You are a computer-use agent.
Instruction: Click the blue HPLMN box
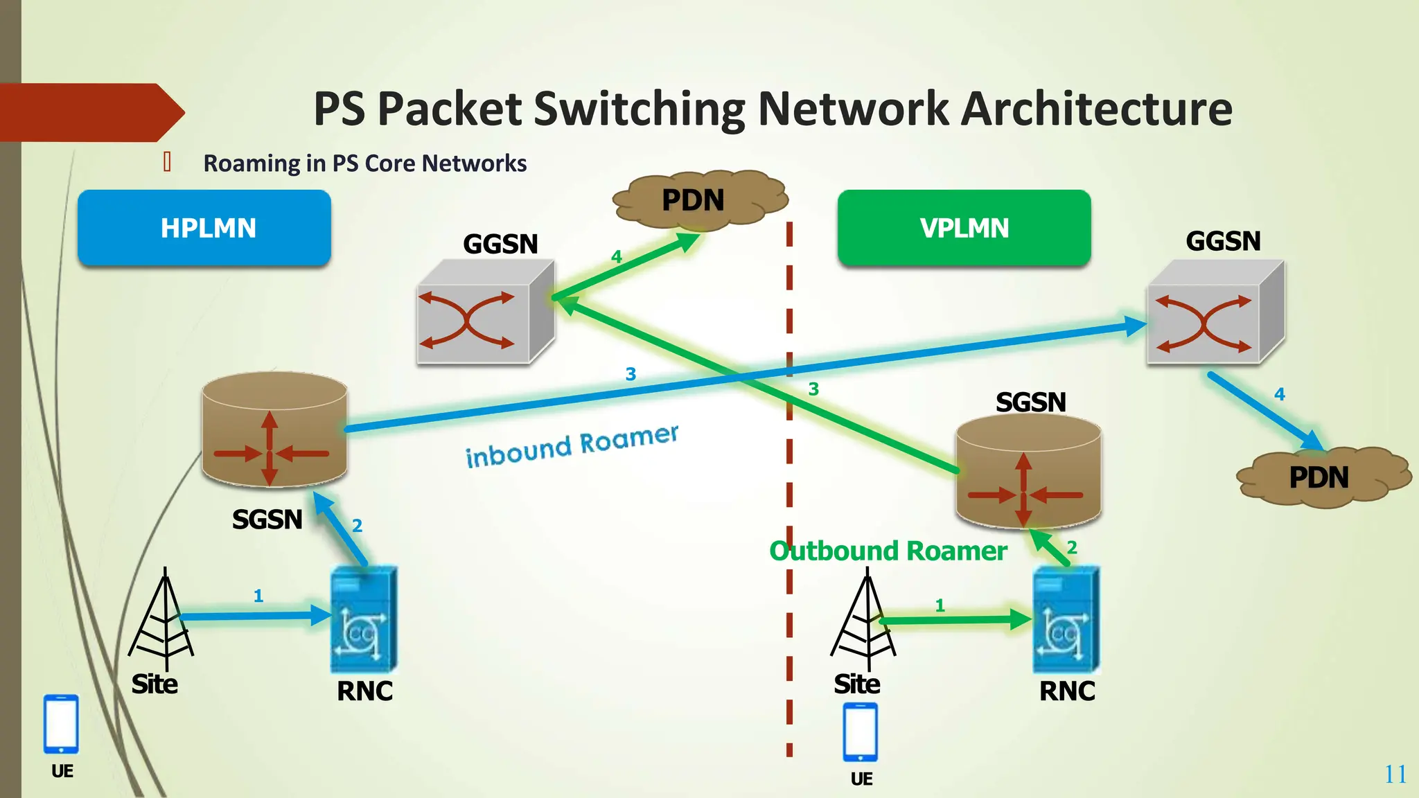(x=204, y=228)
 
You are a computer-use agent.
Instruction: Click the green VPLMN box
(x=964, y=228)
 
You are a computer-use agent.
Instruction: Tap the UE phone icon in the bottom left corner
(x=61, y=724)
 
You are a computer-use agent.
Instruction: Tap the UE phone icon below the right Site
(x=861, y=732)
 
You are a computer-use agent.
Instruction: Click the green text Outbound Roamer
(x=888, y=551)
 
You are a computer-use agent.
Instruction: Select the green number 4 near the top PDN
(x=617, y=257)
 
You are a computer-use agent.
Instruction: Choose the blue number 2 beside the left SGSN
(x=357, y=526)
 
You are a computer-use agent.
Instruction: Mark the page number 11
(x=1395, y=774)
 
